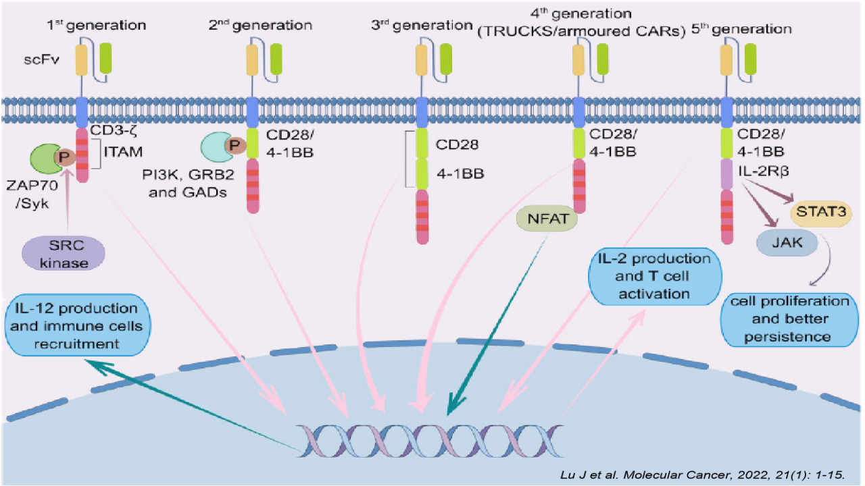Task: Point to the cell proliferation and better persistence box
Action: tap(789, 318)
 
